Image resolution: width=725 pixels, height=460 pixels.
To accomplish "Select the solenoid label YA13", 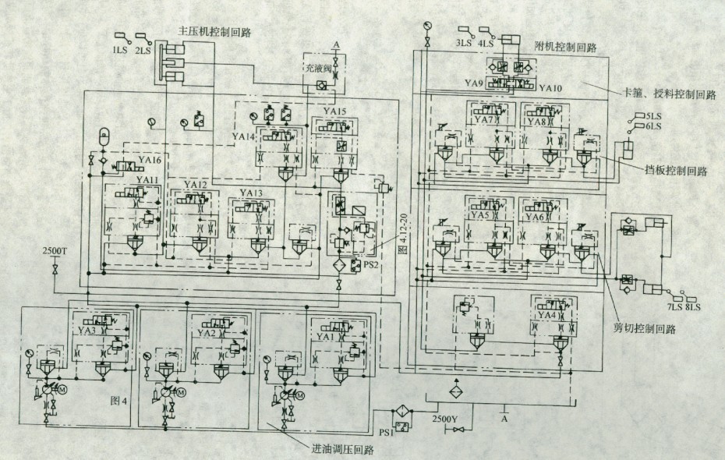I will (251, 193).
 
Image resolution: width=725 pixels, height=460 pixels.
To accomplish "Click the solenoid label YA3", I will (87, 331).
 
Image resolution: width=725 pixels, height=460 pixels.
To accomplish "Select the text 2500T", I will (55, 251).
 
